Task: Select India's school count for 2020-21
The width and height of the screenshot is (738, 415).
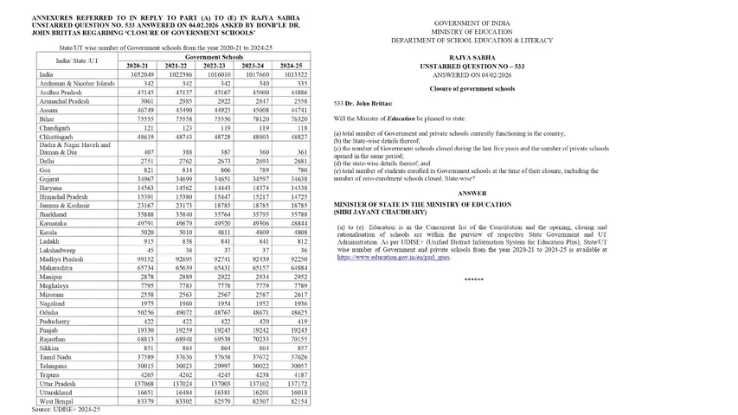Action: tap(140, 74)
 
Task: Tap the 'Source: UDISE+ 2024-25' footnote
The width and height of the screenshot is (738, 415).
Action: tap(66, 408)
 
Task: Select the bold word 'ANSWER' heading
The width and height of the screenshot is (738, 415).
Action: tap(472, 193)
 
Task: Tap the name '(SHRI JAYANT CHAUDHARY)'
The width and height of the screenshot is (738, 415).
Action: tap(381, 212)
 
